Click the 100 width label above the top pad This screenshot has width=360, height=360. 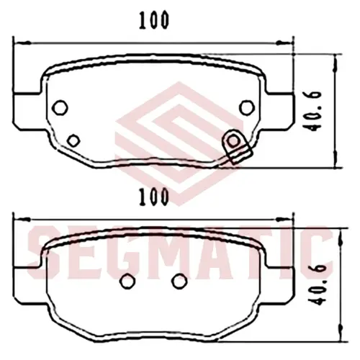click(x=154, y=20)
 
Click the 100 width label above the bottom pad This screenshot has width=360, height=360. click(x=154, y=197)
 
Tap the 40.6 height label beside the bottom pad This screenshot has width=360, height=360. click(x=319, y=285)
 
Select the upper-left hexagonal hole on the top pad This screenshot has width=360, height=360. click(x=60, y=108)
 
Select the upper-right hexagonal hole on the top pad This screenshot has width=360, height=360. click(x=247, y=107)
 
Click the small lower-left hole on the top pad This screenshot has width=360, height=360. click(x=73, y=140)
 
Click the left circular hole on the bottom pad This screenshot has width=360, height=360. click(x=127, y=282)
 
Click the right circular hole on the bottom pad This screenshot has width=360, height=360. click(x=179, y=281)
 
